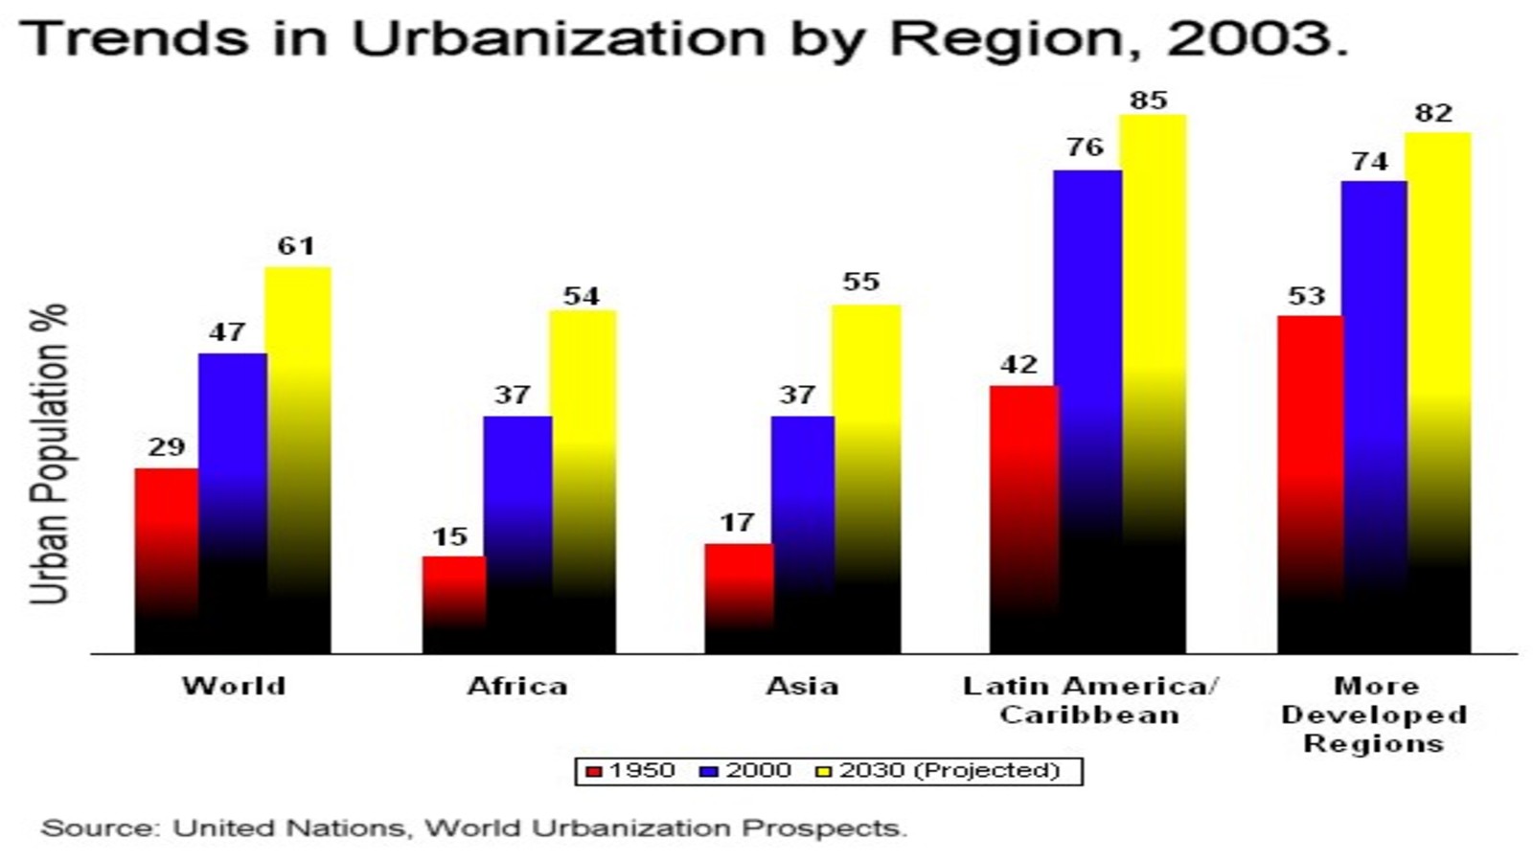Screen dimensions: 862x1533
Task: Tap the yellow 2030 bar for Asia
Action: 866,479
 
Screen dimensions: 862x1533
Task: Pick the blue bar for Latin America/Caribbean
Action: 1087,412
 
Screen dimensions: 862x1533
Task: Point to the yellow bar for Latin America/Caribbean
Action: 1154,383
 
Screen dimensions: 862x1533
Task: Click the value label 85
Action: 1149,101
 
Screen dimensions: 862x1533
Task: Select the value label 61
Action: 296,246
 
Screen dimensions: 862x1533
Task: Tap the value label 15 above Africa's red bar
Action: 449,536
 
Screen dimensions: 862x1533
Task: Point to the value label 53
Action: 1307,296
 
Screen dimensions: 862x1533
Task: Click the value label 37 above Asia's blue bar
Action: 797,395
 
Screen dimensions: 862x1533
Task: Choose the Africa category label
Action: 517,686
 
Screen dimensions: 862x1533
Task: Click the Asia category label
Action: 802,686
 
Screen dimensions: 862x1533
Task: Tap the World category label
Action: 234,686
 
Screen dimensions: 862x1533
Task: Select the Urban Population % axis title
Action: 50,454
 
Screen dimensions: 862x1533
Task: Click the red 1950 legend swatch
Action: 594,771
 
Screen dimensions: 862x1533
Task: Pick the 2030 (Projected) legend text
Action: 950,771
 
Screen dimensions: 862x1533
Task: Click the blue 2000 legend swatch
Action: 710,771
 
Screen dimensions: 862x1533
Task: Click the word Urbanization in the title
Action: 559,38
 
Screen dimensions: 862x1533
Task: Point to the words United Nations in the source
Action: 288,828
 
